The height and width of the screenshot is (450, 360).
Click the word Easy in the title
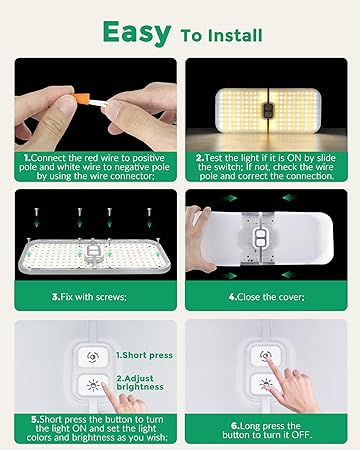137,33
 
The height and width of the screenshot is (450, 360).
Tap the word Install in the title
235,36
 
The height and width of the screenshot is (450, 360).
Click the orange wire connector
83,99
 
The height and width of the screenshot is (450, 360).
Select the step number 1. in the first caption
27,158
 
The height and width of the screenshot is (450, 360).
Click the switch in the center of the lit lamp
267,110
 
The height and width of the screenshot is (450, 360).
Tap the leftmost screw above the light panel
36,212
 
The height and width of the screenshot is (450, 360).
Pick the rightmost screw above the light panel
149,212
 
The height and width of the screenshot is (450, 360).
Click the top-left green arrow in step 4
231,198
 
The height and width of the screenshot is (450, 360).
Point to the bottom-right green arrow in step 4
289,275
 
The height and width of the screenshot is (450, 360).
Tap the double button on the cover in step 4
261,238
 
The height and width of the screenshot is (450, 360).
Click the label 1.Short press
144,355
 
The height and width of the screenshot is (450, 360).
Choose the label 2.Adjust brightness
140,383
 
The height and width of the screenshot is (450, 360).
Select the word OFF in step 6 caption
301,435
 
